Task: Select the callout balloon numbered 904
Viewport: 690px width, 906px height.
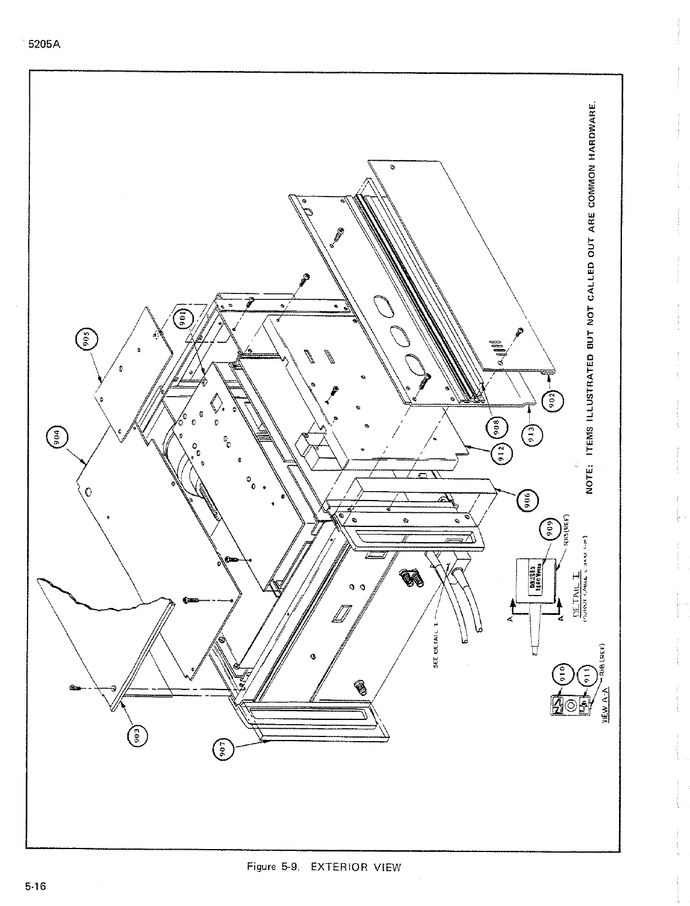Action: pos(58,439)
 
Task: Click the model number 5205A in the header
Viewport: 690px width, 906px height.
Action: pos(40,42)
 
